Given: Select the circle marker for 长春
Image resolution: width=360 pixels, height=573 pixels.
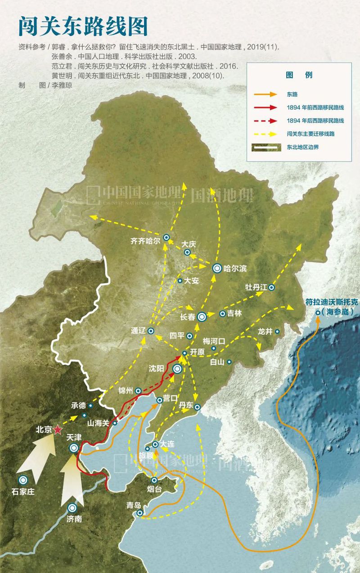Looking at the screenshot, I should point(202,317).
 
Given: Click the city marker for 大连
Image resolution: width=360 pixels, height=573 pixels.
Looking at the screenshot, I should point(155,444).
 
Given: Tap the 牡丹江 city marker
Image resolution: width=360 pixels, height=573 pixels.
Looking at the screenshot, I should point(271,287).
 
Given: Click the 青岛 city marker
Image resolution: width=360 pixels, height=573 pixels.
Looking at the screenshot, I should point(140,513).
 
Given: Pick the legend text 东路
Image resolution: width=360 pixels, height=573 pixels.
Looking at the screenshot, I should point(292,94).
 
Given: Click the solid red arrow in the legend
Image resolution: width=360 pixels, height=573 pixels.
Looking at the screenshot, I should point(267,107).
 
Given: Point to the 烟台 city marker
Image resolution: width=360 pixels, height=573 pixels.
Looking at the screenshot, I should point(154,480).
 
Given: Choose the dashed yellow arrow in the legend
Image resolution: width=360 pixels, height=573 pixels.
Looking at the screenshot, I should point(267,134).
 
